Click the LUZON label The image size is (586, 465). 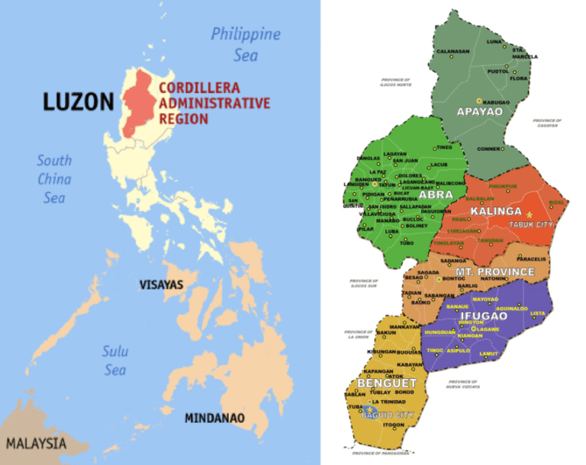(x=79, y=101)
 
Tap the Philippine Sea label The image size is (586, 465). (x=245, y=43)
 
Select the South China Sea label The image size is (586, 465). (x=54, y=178)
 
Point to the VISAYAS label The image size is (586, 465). (x=161, y=285)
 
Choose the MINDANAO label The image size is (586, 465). (x=214, y=418)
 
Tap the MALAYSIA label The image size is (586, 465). (x=36, y=443)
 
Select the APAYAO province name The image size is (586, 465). (x=479, y=112)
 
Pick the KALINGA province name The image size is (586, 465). (x=496, y=211)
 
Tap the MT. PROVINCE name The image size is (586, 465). (x=495, y=271)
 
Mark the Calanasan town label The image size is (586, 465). (x=452, y=51)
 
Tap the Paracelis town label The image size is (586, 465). (x=531, y=259)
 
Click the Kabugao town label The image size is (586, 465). (x=495, y=101)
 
